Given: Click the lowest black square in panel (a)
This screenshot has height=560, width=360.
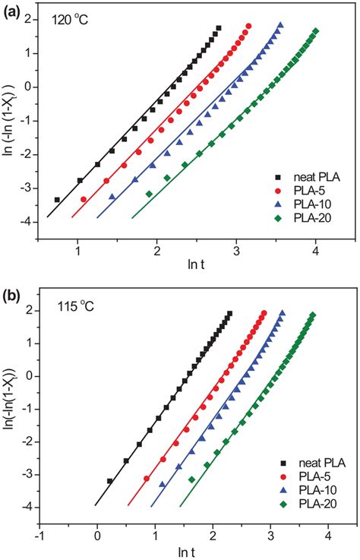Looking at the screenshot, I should coord(57,200).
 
